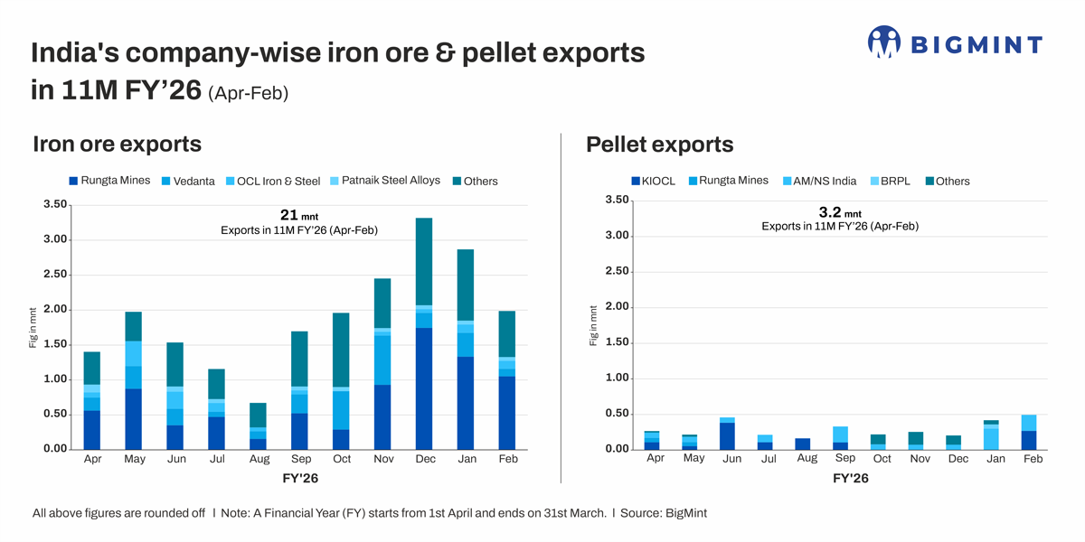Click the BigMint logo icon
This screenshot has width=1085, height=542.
point(883,42)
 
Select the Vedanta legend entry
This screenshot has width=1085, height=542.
point(187,181)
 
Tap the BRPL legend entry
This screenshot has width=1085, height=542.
point(890,181)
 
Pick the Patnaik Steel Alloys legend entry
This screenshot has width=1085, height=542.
point(383,181)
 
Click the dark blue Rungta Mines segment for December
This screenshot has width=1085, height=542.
point(424,388)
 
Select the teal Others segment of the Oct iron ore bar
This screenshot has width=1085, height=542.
point(341,350)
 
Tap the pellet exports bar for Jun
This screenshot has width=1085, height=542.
point(728,434)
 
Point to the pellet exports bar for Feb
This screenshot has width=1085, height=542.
point(1029,432)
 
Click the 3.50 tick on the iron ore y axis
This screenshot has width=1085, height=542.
point(55,205)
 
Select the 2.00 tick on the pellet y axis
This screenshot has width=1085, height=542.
point(617,307)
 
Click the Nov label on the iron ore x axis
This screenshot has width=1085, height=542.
point(383,460)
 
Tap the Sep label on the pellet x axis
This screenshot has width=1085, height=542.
point(845,458)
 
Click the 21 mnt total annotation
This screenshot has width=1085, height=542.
point(298,215)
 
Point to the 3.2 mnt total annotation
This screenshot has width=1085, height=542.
point(839,212)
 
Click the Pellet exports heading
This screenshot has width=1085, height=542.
point(659,145)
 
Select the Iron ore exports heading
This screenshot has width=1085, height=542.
point(117,144)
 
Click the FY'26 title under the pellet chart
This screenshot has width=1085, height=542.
point(850,479)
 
